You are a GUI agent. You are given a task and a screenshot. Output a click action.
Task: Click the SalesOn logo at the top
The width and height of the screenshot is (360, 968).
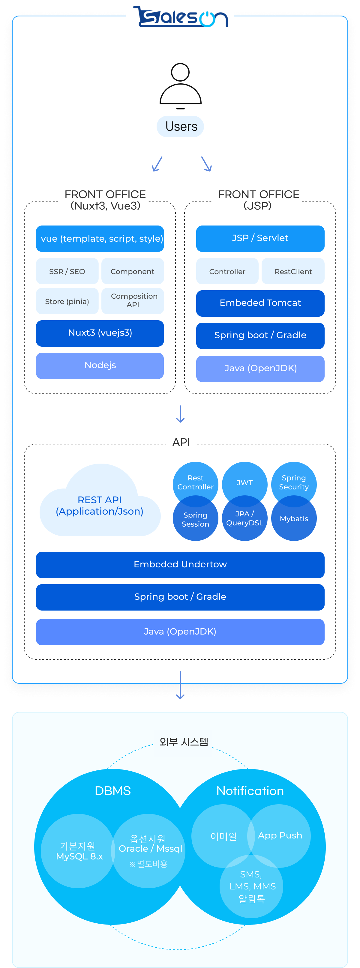coord(180,17)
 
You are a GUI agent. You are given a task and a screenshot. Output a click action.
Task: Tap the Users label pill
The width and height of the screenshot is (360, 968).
coord(180,126)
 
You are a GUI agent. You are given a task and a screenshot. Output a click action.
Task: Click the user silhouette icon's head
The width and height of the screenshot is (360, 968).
coord(180,72)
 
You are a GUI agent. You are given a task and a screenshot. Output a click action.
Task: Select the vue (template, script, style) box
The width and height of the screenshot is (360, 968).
coord(100,239)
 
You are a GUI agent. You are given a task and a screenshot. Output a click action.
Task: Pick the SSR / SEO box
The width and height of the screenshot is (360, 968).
coord(67,271)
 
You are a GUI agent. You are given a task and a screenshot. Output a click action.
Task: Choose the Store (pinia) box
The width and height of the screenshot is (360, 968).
coord(67,301)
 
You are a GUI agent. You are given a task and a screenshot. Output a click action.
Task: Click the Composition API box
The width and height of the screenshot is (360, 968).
coord(133,300)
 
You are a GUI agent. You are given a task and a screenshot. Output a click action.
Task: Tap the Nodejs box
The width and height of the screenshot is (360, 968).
coord(100,366)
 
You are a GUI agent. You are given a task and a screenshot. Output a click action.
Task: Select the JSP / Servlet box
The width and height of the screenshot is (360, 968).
coord(260,238)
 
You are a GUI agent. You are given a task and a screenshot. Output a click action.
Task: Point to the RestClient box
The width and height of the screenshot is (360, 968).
coord(293,271)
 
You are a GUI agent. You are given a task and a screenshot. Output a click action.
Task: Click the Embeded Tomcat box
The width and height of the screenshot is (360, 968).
coord(260,303)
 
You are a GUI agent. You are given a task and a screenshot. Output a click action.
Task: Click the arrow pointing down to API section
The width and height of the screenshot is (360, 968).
coord(180,414)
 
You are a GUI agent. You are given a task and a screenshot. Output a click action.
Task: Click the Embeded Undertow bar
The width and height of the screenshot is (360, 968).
coord(180,564)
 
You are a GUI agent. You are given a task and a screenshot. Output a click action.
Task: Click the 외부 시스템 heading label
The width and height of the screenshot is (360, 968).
coord(183,742)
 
